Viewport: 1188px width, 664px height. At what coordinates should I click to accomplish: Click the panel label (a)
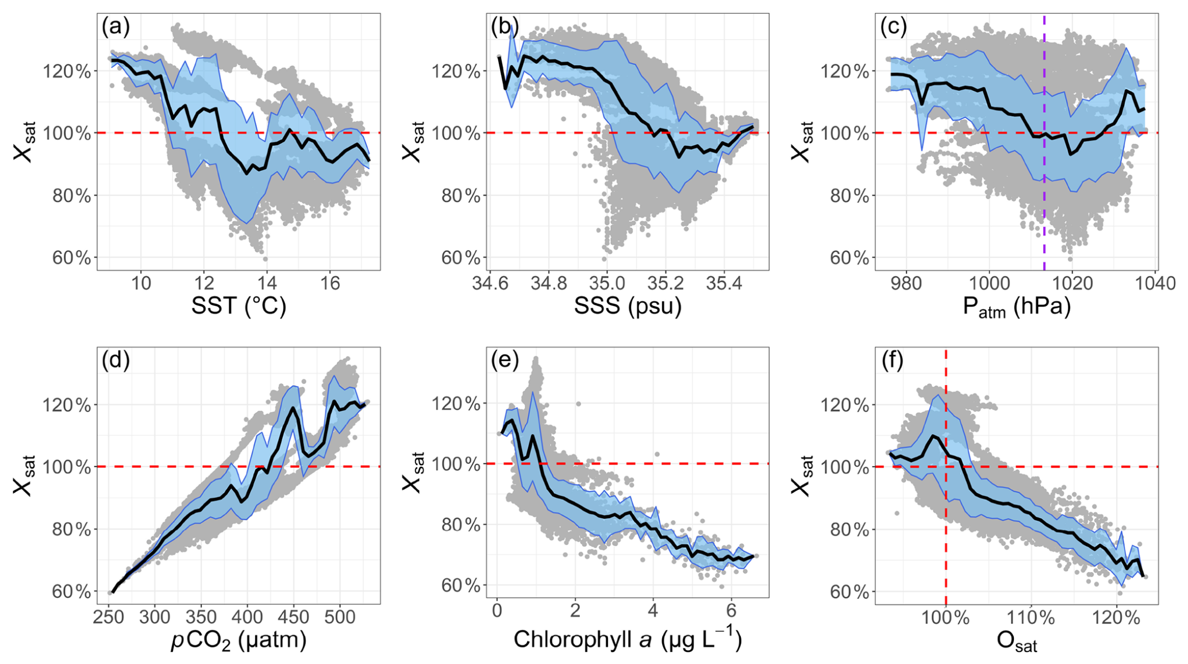click(x=116, y=28)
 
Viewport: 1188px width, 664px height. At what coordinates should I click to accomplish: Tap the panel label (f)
click(x=893, y=361)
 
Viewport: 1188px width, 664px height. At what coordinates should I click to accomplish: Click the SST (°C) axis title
click(x=239, y=306)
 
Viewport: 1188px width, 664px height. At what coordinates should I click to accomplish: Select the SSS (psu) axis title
click(x=628, y=306)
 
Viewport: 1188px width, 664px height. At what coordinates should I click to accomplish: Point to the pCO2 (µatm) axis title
click(x=239, y=640)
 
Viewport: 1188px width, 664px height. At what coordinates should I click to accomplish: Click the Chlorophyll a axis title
click(x=628, y=639)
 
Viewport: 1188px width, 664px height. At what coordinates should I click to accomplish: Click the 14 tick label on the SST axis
click(x=267, y=283)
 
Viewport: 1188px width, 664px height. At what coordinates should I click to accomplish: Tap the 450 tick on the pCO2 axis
click(x=294, y=617)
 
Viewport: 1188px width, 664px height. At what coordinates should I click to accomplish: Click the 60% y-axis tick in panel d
click(x=71, y=592)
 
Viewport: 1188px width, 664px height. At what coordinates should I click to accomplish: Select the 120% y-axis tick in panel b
click(x=460, y=71)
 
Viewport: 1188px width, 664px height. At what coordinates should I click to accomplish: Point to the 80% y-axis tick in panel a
click(x=71, y=196)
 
